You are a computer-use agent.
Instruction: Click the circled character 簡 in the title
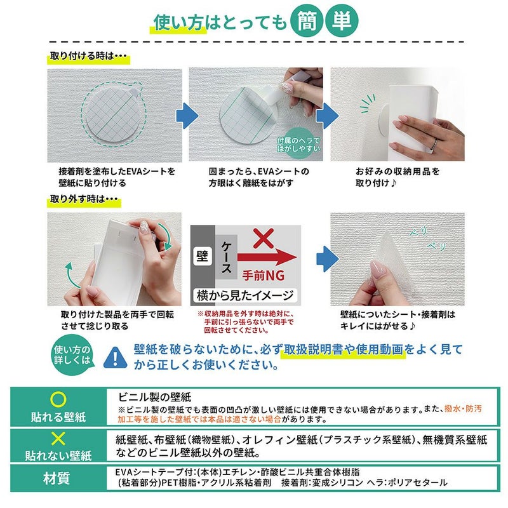point(307,22)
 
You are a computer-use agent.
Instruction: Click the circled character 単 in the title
point(342,22)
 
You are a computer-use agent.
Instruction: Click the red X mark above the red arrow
point(264,238)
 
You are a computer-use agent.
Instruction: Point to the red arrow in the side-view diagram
point(267,258)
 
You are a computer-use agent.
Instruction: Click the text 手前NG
point(264,276)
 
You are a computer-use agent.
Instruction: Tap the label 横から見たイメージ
point(245,295)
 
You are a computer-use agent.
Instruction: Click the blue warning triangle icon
point(116,358)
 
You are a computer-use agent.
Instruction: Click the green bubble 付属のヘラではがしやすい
point(298,145)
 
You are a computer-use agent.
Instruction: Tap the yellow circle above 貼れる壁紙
point(58,399)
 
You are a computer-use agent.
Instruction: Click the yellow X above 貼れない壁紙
point(58,438)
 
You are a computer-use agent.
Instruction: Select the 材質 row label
point(57,479)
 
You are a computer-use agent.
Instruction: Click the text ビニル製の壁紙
point(154,397)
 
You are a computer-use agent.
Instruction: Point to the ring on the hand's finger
point(434,144)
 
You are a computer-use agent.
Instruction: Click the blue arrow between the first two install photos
point(187,116)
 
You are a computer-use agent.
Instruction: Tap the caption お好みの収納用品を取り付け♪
point(398,177)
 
